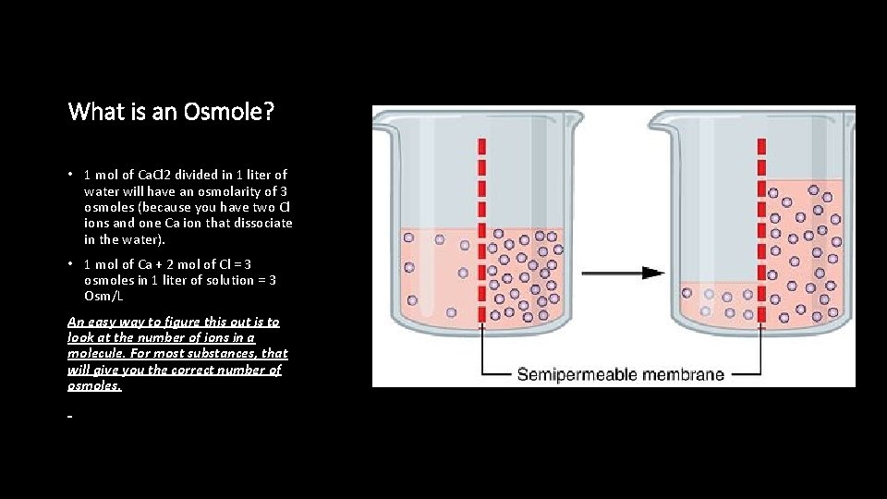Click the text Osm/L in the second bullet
(x=103, y=296)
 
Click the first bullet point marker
(x=71, y=175)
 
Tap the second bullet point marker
(x=71, y=264)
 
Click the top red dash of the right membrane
(x=761, y=146)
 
